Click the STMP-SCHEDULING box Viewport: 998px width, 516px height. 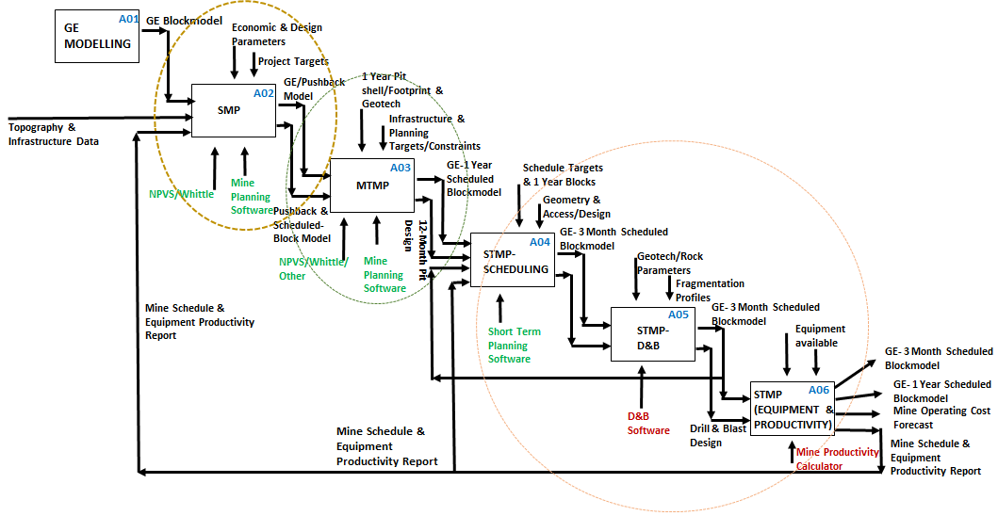point(514,259)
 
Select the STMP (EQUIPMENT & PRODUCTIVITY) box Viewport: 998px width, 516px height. point(792,409)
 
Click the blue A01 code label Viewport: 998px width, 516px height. point(129,19)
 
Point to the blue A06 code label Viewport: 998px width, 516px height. point(819,390)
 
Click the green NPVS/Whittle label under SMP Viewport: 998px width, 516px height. point(181,194)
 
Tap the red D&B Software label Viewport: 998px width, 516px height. point(648,424)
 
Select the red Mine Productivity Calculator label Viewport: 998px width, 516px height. point(837,459)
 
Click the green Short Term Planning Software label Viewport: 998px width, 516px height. point(515,345)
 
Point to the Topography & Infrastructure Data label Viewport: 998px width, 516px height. point(54,134)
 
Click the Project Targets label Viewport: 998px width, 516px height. point(293,61)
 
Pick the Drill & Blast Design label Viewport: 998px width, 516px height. point(718,435)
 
